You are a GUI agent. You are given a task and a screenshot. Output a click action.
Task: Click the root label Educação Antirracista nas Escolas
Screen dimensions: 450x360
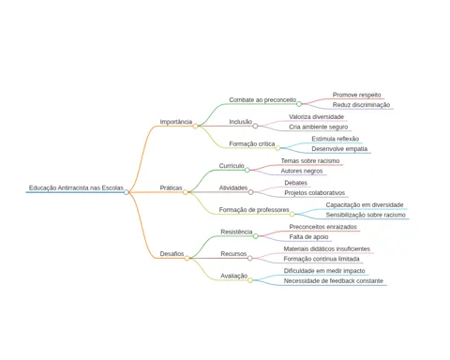76,187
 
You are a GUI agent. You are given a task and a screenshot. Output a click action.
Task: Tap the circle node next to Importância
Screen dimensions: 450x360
195,126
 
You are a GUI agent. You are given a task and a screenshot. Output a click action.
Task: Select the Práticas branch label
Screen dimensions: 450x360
171,187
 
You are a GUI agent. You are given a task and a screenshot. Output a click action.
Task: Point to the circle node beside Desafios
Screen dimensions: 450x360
187,258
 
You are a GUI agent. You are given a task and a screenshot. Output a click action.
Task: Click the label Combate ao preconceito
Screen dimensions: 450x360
262,100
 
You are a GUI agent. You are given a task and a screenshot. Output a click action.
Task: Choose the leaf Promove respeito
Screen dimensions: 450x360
357,95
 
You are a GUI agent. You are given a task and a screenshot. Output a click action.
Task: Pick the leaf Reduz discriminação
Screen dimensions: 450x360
361,105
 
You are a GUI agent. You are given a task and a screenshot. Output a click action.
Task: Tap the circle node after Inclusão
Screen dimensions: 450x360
255,126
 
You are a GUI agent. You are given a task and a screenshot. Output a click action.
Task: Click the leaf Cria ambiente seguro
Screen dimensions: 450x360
319,127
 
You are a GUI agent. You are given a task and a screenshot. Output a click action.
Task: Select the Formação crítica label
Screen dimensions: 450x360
252,144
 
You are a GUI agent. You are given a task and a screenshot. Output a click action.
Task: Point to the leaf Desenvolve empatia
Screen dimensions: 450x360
339,149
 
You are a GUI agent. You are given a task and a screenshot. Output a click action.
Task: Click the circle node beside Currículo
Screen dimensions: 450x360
247,170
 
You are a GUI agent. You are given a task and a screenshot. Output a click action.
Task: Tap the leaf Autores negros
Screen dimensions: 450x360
302,171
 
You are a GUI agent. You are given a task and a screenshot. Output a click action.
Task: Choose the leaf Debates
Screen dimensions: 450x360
296,183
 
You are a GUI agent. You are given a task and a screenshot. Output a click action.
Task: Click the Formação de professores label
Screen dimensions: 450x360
254,210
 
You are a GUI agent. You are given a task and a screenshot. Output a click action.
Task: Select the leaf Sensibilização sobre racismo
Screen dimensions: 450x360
366,215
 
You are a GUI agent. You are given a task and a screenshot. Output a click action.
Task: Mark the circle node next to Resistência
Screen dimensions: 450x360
256,236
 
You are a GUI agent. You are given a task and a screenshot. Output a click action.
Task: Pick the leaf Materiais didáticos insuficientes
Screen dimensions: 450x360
327,249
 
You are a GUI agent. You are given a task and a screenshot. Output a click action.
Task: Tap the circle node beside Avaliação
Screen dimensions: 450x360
250,280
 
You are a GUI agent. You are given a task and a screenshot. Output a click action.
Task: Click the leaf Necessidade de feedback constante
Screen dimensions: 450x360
334,281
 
